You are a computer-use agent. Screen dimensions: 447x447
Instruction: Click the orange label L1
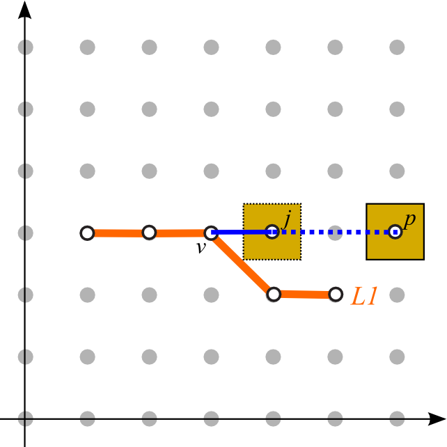(364, 296)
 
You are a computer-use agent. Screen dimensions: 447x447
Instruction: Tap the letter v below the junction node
(201, 248)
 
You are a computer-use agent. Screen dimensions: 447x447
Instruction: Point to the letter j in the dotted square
(287, 219)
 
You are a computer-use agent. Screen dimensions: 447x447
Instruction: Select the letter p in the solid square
(409, 221)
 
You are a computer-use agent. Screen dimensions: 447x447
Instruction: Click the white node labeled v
(211, 233)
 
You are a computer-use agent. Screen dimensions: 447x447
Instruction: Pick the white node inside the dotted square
(272, 231)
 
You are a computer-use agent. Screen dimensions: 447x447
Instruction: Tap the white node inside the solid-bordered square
(395, 231)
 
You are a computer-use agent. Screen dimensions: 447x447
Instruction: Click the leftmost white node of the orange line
(87, 233)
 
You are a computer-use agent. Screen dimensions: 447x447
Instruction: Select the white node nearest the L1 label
(336, 295)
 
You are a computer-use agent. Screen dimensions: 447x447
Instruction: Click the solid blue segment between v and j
(242, 233)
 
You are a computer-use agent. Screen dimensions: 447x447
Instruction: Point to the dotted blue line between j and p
(334, 233)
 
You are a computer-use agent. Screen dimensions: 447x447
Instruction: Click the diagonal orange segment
(242, 264)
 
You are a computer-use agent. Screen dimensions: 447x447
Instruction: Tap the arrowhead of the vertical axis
(24, 10)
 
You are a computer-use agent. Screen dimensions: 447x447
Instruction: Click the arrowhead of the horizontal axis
(437, 418)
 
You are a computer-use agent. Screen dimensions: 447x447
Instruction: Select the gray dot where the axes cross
(25, 418)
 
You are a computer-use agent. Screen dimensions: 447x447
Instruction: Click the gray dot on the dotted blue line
(335, 233)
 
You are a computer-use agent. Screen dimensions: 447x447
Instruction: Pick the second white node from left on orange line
(149, 233)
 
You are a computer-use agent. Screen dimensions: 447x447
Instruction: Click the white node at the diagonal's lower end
(274, 295)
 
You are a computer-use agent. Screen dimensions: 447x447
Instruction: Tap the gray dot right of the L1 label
(397, 295)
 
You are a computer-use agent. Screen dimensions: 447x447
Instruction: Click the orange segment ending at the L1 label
(304, 295)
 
